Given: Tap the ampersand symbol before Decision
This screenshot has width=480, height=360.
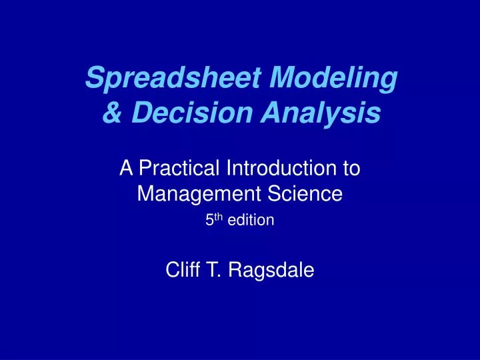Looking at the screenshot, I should point(110,114).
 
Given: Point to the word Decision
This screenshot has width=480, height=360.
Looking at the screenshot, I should point(177,114).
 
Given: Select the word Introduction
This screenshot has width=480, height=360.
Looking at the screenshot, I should point(276,169).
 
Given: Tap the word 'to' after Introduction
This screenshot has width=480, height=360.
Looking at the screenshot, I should point(351,169).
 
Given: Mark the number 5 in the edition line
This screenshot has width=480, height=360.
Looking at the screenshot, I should point(209,220).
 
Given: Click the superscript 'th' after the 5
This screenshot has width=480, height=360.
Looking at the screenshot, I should point(217,217).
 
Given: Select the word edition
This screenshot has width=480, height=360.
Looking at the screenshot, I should point(251,220).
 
